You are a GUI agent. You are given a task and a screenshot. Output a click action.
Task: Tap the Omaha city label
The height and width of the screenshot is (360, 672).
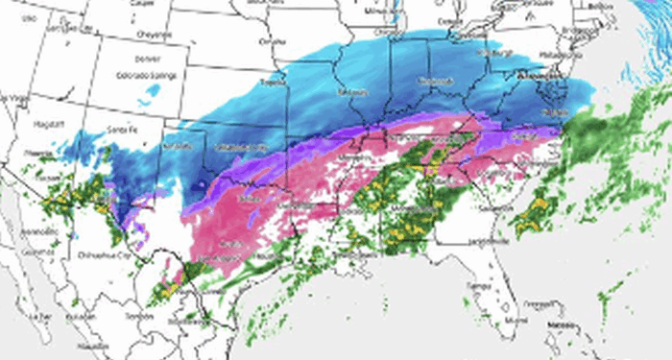pyautogui.click(x=274, y=41)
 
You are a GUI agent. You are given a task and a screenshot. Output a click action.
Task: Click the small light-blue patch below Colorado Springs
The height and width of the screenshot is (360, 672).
pyautogui.click(x=149, y=94)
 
